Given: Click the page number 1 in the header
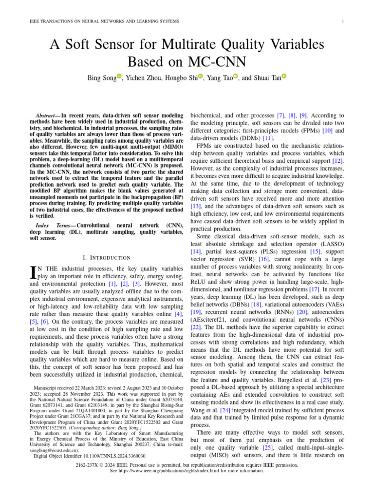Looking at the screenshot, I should (x=344, y=21).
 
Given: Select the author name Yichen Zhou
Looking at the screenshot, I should (x=146, y=78).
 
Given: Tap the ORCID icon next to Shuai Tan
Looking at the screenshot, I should (x=284, y=77).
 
